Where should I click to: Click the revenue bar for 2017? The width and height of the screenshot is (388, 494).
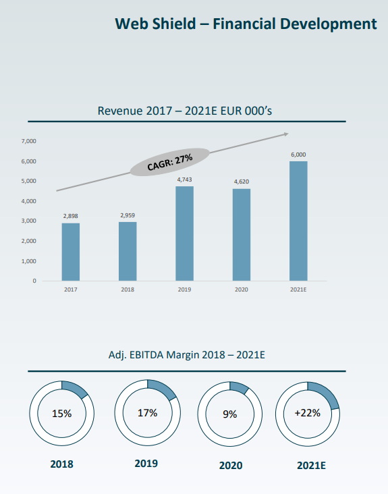[71, 252]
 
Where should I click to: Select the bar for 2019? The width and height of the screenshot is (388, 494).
[184, 234]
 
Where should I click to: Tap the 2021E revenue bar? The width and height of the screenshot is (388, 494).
[298, 221]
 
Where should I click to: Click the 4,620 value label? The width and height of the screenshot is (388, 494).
[242, 182]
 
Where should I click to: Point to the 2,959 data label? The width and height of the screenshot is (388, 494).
[128, 215]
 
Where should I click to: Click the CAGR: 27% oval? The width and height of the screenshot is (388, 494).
[170, 162]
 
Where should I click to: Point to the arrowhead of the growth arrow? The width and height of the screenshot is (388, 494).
[286, 134]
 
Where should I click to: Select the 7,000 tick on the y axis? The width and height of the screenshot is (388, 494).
[28, 141]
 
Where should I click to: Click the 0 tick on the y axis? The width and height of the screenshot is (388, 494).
[34, 281]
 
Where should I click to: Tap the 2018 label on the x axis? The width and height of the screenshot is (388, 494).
[128, 290]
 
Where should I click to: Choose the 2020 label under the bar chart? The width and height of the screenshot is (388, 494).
[242, 290]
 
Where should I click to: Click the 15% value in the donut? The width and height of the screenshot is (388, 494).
[61, 413]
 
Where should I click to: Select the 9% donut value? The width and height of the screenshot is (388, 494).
[230, 414]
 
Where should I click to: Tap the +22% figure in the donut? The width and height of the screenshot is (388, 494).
[308, 413]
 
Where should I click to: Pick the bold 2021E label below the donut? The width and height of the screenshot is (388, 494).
[311, 466]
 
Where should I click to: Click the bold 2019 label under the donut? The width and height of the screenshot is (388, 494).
[146, 464]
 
